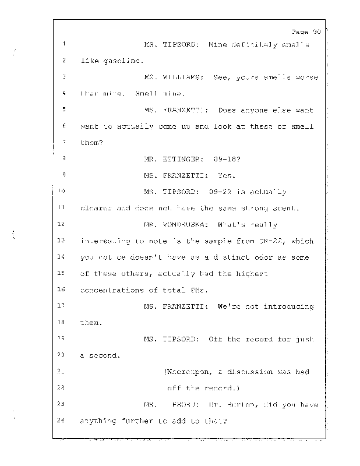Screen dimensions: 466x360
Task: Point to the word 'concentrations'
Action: [x=111, y=290]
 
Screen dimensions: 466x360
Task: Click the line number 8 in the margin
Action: [x=62, y=158]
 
